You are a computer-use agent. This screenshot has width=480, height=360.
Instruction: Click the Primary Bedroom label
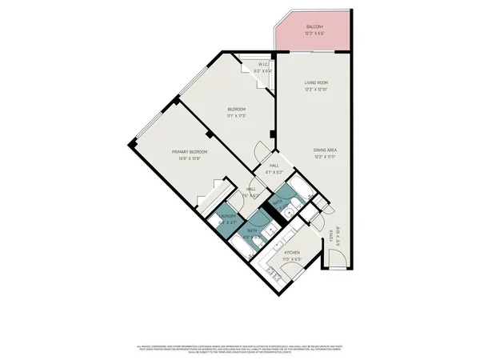coord(190,151)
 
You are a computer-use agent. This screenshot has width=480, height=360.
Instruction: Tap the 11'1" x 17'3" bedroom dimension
coord(236,116)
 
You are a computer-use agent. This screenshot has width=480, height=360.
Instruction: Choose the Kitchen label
coord(291,252)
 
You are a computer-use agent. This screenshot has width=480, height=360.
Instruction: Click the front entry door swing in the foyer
coord(336,258)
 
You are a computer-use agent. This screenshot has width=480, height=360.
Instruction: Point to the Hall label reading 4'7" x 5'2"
coord(276,172)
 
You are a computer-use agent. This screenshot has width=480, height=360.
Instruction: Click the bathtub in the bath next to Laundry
coord(241,250)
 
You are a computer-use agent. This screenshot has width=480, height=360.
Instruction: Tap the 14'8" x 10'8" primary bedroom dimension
coord(190,158)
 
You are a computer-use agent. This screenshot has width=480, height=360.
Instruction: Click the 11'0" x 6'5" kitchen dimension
coord(291,259)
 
